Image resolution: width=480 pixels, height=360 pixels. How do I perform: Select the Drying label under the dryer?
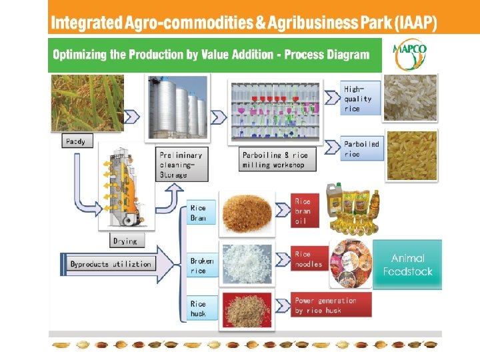pyautogui.click(x=125, y=241)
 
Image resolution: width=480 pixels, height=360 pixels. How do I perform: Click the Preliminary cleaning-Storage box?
pyautogui.click(x=180, y=163)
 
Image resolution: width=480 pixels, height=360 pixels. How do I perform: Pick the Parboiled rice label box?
pyautogui.click(x=362, y=149)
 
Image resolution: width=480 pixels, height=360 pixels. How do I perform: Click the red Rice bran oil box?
pyautogui.click(x=303, y=211)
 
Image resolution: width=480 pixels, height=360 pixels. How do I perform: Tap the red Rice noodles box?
pyautogui.click(x=309, y=259)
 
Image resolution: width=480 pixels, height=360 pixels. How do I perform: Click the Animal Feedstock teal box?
pyautogui.click(x=407, y=265)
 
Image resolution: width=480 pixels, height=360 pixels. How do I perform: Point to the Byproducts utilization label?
pyautogui.click(x=111, y=264)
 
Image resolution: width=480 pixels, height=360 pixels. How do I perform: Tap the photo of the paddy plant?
pyautogui.click(x=87, y=103)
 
